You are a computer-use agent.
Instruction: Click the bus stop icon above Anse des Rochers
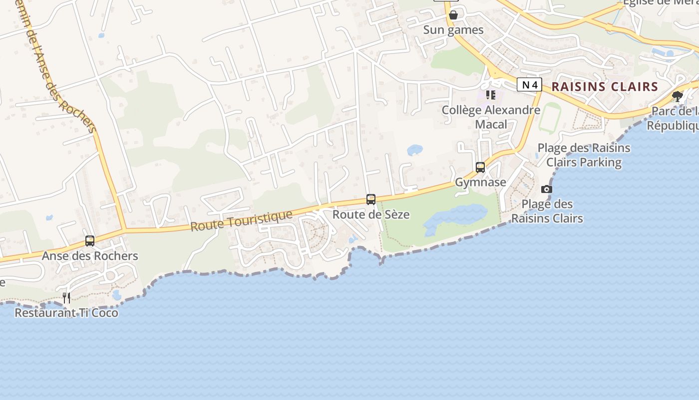tap(90, 240)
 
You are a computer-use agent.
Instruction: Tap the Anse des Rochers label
tap(90, 256)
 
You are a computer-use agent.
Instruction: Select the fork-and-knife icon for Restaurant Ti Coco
tap(66, 298)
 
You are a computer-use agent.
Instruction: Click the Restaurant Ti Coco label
tap(66, 313)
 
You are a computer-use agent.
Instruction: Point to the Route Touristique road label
tap(241, 220)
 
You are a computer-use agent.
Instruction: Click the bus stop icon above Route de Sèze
tap(371, 199)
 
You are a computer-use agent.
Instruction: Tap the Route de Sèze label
tap(371, 214)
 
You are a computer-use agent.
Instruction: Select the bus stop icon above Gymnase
tap(480, 167)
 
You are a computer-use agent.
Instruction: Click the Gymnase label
tap(480, 182)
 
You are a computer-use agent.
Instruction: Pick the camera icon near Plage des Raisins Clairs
tap(547, 189)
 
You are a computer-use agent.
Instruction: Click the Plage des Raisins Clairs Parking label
tap(584, 155)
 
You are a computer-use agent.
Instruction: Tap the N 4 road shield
tap(529, 85)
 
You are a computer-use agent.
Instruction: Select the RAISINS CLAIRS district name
tap(605, 86)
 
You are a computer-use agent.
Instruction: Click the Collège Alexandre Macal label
tap(491, 117)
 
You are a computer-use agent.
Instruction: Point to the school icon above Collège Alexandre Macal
tap(491, 94)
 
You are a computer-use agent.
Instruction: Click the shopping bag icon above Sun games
tap(453, 15)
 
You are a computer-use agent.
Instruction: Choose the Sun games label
tap(453, 30)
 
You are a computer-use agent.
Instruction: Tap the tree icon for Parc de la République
tap(678, 96)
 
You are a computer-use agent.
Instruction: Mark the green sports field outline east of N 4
tap(549, 118)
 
